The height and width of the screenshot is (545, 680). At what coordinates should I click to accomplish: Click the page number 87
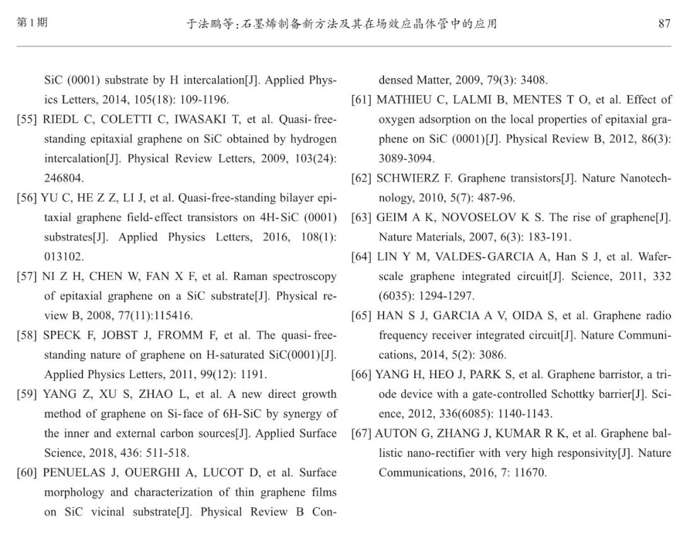point(664,24)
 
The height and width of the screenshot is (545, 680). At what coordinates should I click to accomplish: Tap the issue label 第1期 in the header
point(31,23)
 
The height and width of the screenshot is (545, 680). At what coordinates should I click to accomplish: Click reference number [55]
point(27,120)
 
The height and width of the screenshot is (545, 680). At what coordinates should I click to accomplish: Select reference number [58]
point(27,335)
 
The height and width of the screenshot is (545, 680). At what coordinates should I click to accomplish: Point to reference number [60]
point(27,473)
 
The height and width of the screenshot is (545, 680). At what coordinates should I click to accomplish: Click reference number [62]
point(361,179)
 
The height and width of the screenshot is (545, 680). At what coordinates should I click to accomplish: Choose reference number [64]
point(361,257)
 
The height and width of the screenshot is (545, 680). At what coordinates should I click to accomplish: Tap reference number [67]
point(361,434)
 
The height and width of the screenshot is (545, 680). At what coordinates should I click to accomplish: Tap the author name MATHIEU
point(405,100)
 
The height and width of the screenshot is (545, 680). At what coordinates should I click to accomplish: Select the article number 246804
point(64,179)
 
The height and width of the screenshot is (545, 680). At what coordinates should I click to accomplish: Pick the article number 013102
point(64,257)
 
